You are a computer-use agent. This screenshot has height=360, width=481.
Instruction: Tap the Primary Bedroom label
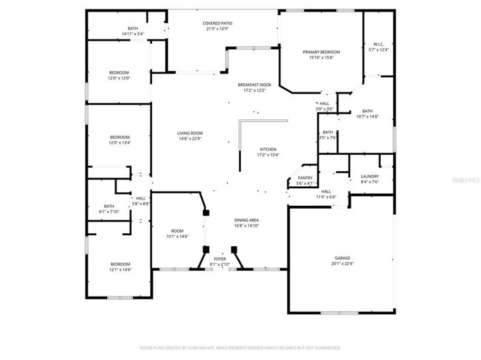pyautogui.click(x=321, y=52)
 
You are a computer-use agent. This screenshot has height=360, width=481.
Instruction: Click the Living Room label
pyautogui.click(x=190, y=134)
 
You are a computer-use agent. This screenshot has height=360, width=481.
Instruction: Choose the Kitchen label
pyautogui.click(x=267, y=149)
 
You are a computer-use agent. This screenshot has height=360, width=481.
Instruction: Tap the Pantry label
pyautogui.click(x=305, y=178)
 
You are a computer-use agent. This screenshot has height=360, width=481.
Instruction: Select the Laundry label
pyautogui.click(x=369, y=177)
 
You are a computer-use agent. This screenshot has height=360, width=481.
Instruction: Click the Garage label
pyautogui.click(x=342, y=258)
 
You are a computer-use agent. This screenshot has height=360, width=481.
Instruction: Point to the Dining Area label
pyautogui.click(x=246, y=220)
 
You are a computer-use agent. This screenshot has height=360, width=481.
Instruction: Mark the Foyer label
pyautogui.click(x=220, y=259)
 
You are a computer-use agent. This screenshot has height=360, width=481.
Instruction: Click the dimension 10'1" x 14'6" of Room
pyautogui.click(x=177, y=237)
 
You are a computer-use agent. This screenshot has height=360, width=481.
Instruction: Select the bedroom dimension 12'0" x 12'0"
pyautogui.click(x=119, y=78)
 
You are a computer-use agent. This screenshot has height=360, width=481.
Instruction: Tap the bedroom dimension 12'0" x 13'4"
pyautogui.click(x=119, y=142)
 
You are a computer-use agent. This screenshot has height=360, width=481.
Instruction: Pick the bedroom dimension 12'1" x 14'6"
pyautogui.click(x=120, y=270)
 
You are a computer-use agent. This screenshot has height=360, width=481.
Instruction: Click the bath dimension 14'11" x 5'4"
pyautogui.click(x=133, y=33)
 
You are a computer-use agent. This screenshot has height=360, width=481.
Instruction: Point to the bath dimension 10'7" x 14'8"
pyautogui.click(x=367, y=117)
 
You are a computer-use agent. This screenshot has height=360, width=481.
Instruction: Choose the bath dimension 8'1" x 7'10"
pyautogui.click(x=109, y=211)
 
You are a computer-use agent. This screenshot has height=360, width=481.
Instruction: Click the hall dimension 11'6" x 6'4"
pyautogui.click(x=326, y=197)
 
